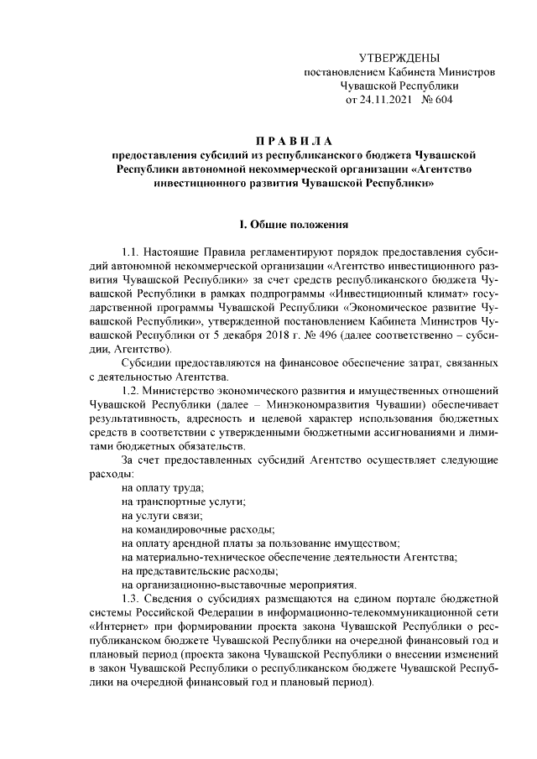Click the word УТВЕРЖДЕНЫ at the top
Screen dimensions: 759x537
point(399,58)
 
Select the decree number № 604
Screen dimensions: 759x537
point(435,100)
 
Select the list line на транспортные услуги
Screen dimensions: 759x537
point(184,503)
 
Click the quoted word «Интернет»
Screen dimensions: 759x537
point(117,629)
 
